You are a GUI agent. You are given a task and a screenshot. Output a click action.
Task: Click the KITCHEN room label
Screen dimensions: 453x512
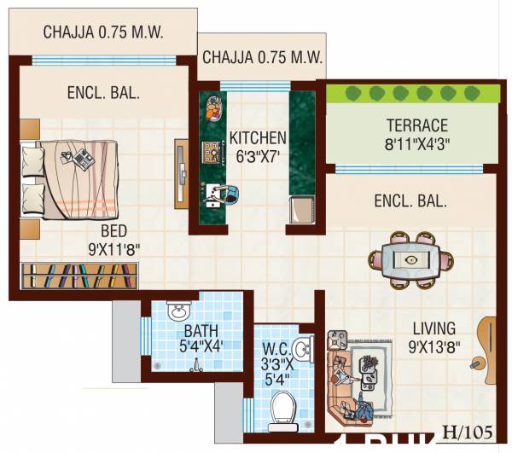(257, 136)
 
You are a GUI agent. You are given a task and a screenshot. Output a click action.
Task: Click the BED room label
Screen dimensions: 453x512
(114, 231)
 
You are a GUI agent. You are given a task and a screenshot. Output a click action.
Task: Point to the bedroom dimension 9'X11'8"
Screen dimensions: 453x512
(114, 250)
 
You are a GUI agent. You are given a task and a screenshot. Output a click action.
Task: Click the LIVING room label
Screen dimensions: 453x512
(434, 328)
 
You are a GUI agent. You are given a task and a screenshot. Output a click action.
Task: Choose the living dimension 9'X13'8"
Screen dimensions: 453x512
(434, 347)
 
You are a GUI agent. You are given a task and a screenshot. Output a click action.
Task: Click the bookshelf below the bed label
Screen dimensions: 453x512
(79, 277)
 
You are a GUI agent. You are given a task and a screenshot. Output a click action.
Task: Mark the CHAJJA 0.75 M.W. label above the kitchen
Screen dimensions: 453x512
(261, 58)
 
